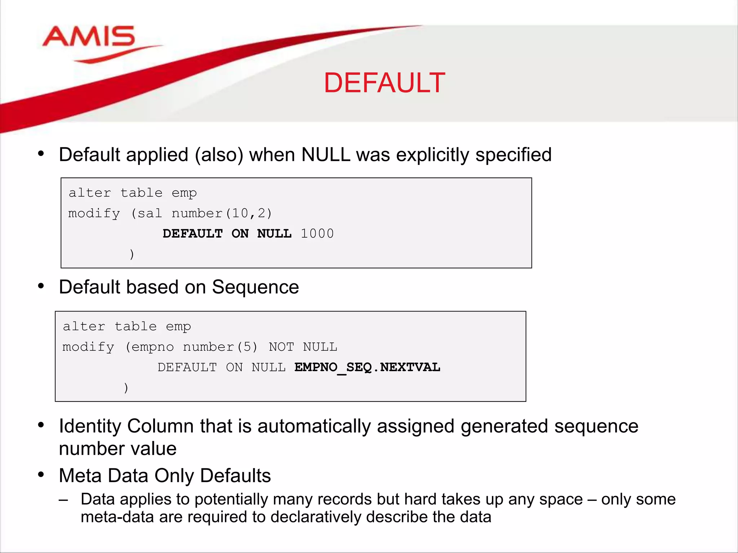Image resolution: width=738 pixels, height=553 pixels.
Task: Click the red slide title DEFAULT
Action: tap(384, 83)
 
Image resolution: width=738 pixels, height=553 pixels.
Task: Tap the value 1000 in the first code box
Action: tap(317, 234)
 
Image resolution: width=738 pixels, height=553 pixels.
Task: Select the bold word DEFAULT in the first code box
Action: tap(192, 234)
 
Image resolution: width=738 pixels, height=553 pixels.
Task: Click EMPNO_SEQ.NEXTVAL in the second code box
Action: tap(367, 367)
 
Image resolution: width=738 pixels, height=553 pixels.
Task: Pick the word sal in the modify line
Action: tap(150, 213)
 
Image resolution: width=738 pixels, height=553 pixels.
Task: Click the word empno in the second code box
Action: tap(152, 347)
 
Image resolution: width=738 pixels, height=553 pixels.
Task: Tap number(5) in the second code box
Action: tap(220, 347)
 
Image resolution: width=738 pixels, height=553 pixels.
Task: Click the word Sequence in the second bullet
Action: tap(255, 287)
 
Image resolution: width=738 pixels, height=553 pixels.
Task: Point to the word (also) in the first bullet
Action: tap(219, 155)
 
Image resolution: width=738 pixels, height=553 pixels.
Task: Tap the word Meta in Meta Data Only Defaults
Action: tap(80, 476)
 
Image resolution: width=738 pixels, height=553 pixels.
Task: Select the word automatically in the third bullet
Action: tap(314, 426)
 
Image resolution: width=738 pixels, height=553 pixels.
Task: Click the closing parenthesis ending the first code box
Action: tap(132, 254)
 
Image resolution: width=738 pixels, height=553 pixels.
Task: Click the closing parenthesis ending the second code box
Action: tap(126, 388)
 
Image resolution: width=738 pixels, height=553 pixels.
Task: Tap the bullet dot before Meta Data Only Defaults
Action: tap(41, 475)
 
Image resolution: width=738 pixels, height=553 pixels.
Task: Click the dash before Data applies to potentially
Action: tap(63, 500)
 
